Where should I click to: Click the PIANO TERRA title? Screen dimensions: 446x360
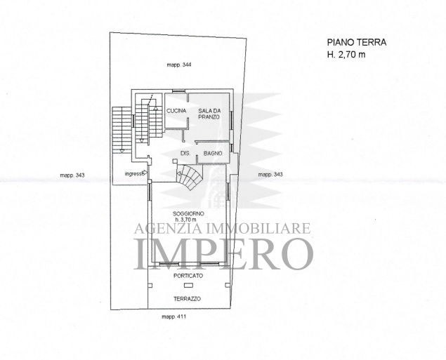357,42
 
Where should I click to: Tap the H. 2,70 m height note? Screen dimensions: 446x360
346,54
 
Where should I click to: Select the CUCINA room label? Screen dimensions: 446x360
176,111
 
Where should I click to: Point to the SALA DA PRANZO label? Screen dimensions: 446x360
209,114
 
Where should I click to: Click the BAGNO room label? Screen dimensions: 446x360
213,153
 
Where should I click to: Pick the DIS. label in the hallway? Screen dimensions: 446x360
185,153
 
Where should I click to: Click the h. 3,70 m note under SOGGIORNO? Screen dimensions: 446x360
185,220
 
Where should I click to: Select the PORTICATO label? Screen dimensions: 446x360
188,276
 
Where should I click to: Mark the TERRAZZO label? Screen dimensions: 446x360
187,299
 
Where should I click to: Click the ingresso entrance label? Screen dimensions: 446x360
133,173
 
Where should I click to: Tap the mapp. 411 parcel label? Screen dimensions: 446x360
173,316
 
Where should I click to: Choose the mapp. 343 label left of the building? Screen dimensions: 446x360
72,175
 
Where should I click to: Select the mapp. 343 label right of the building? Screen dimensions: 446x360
270,175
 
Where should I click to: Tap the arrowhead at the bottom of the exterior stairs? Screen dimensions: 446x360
122,151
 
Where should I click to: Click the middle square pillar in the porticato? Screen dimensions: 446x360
188,286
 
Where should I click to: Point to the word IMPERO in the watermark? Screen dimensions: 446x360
225,254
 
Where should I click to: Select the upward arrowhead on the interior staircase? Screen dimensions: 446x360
155,108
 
